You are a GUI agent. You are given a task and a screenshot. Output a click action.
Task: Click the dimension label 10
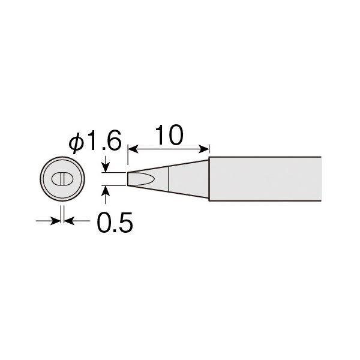pos(169,135)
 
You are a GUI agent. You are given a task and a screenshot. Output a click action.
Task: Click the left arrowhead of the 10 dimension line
pos(131,148)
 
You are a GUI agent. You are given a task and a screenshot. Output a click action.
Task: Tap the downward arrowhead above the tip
pos(106,167)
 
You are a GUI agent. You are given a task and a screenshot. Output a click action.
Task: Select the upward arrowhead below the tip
pos(106,191)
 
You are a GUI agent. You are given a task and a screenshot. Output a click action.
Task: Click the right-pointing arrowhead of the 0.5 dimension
pos(56,221)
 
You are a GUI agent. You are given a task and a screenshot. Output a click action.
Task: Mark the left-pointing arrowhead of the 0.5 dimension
pos(68,221)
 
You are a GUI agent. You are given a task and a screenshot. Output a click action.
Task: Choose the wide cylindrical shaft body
pos(264,179)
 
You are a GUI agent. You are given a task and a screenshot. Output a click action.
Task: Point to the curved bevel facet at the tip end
pos(141,179)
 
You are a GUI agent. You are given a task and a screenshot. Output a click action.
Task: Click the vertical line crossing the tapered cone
pos(169,179)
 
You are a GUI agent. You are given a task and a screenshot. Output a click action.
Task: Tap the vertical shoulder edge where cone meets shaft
pos(209,179)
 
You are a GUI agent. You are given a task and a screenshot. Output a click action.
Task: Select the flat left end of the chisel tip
pos(128,179)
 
